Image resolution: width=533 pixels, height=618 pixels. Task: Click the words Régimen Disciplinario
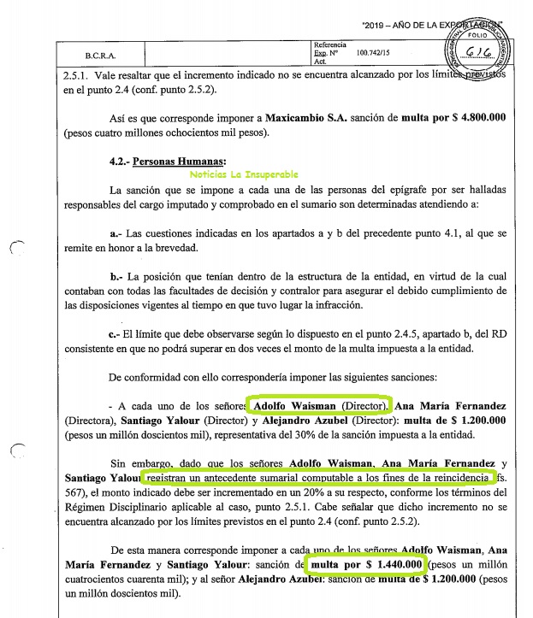pyautogui.click(x=120, y=508)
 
